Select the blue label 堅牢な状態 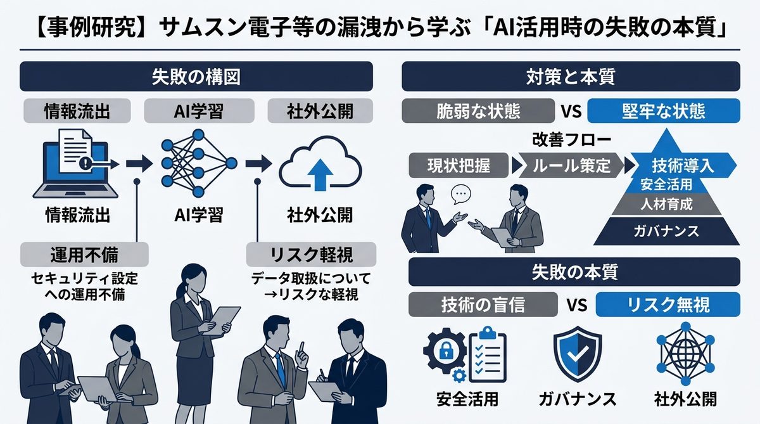664,112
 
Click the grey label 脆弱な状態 479,112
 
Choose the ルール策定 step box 572,166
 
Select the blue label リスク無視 668,305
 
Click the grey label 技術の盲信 483,305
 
